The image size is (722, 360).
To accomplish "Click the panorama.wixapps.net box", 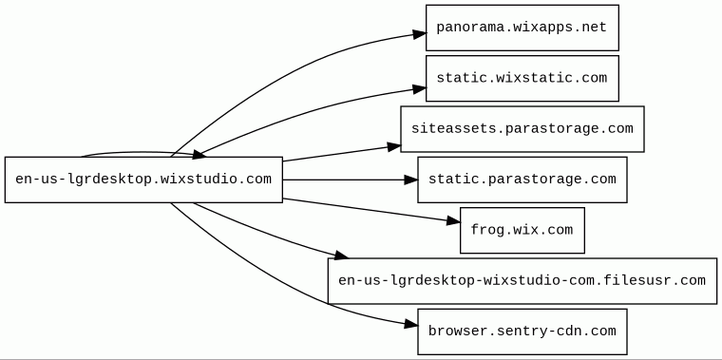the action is click(522, 28).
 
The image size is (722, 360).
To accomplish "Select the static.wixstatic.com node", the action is click(522, 78).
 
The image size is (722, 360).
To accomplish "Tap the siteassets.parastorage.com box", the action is click(522, 129).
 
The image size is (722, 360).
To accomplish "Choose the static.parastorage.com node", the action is click(522, 180).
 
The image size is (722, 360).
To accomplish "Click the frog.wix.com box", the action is click(522, 230).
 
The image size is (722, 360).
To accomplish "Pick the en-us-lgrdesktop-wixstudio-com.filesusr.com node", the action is click(522, 281).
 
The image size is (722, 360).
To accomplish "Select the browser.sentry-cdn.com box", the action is click(522, 332).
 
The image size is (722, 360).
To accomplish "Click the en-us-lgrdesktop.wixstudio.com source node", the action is click(143, 180).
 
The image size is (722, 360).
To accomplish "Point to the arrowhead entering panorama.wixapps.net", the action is click(420, 34).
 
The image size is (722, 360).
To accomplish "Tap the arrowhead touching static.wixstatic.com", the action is click(420, 89).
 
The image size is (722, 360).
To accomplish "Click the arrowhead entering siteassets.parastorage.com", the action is click(394, 147).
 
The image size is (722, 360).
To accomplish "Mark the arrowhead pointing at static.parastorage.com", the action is click(411, 180).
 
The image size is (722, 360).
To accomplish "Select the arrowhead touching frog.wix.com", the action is click(453, 222).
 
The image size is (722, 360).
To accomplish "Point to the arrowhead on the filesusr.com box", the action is click(342, 255).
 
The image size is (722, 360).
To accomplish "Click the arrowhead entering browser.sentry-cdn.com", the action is click(411, 325).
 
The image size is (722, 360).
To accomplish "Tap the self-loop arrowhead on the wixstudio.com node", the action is click(199, 154).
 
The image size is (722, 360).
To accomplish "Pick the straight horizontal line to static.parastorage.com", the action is click(344, 180).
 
